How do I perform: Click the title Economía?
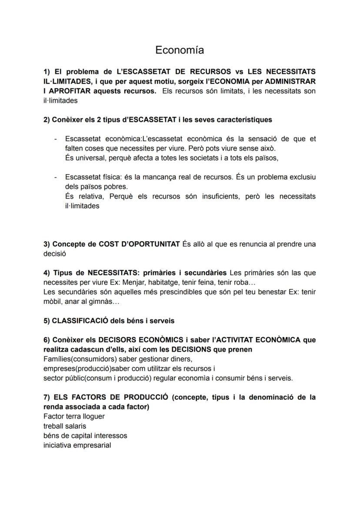click(x=180, y=50)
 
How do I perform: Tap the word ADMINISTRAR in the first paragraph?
click(x=289, y=81)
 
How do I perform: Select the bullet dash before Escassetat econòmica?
click(x=56, y=139)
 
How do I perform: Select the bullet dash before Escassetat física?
click(x=56, y=177)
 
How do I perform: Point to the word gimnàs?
click(x=94, y=301)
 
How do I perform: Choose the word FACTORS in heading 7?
click(x=96, y=397)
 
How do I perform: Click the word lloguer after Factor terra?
click(x=93, y=416)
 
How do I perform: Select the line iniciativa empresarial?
click(x=77, y=445)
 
